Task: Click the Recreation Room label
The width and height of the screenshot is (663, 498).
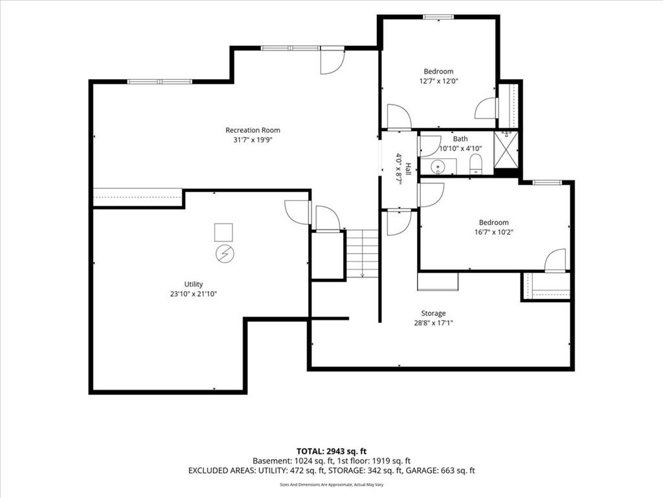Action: coord(253,130)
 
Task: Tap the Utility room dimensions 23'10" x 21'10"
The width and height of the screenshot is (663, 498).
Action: coord(194,294)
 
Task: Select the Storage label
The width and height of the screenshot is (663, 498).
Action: coord(433,313)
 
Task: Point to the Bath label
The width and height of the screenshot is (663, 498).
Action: coord(460,139)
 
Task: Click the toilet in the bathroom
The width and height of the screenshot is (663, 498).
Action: coord(476,164)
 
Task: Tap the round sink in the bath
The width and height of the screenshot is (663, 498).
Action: coord(437,167)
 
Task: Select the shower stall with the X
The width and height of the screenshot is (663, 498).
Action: coord(506,150)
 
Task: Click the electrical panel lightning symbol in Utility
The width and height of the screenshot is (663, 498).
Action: coord(225,254)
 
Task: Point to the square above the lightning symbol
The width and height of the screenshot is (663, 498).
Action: coord(223,232)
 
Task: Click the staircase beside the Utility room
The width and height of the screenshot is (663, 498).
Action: coord(363,254)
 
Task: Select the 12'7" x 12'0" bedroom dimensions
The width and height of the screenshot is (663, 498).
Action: coord(439,81)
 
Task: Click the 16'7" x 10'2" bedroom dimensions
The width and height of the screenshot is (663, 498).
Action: coord(494,232)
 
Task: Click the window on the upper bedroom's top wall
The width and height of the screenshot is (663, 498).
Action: coord(438,17)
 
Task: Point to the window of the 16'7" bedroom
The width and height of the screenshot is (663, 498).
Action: coord(546,182)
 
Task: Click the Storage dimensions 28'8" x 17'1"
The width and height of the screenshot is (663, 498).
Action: coord(433,323)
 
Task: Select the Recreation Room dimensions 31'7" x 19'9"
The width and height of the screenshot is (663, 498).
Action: coord(253,140)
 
